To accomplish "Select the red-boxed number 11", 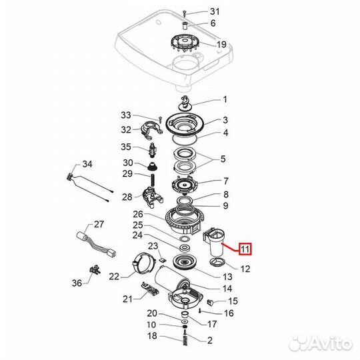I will (x=245, y=250).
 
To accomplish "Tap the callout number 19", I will (x=221, y=45).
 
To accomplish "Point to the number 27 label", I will (x=99, y=224).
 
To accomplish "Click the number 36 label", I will (x=77, y=283).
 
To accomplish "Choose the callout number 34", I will (x=87, y=164).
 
